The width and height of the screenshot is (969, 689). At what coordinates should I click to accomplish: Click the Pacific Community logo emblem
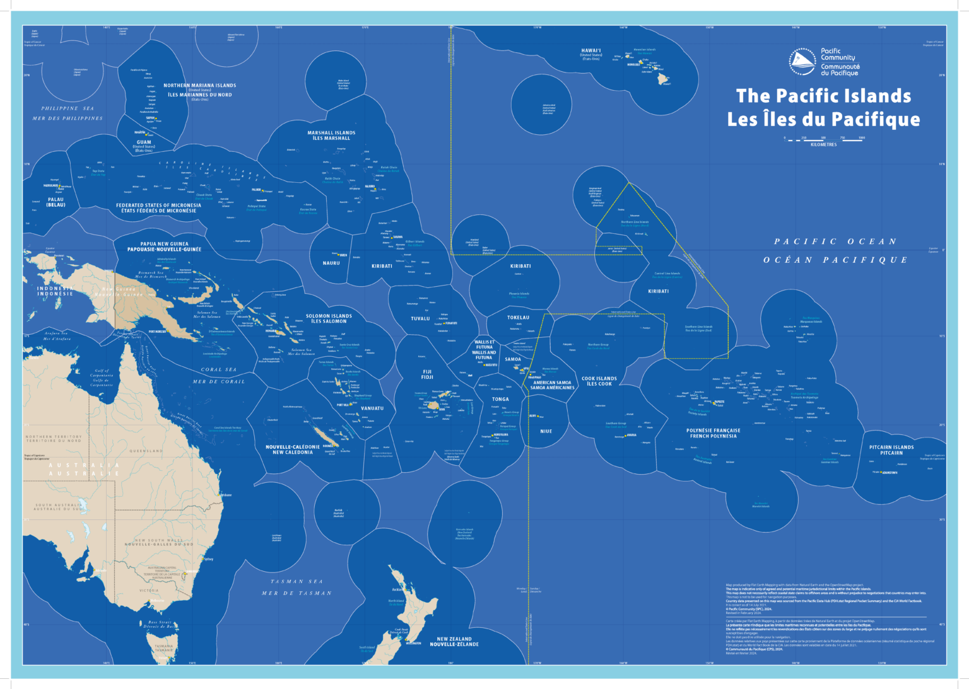(x=802, y=62)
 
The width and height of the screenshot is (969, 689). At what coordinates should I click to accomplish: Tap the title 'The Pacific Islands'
(x=823, y=96)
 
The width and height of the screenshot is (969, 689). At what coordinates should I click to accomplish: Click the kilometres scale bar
(x=824, y=138)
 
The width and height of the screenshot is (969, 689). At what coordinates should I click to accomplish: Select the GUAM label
(x=144, y=142)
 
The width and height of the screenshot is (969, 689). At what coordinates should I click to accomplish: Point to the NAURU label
(x=331, y=263)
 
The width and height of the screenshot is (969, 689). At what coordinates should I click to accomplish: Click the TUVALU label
(x=420, y=319)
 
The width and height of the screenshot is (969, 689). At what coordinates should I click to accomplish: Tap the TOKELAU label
(x=519, y=318)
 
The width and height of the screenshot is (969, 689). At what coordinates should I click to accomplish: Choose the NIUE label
(x=546, y=431)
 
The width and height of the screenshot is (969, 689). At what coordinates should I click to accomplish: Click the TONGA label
(x=500, y=399)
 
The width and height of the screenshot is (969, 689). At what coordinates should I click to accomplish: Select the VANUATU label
(x=372, y=408)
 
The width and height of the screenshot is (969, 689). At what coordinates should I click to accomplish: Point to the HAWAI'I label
(x=591, y=50)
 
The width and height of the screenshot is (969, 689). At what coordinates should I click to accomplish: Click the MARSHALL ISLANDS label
(x=331, y=133)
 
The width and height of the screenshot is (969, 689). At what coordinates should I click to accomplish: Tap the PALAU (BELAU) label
(x=56, y=202)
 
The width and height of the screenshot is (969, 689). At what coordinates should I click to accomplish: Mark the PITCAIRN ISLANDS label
(x=891, y=447)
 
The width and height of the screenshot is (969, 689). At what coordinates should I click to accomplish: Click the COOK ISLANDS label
(x=599, y=379)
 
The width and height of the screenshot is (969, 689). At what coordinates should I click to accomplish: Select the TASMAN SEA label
(x=297, y=582)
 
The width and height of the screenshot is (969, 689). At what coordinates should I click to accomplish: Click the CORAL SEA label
(x=219, y=370)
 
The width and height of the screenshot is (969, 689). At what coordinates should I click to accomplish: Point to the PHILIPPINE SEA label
(x=68, y=108)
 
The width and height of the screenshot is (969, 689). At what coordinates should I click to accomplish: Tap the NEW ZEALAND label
(x=454, y=639)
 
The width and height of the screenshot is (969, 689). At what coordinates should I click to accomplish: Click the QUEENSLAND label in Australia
(x=146, y=451)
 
